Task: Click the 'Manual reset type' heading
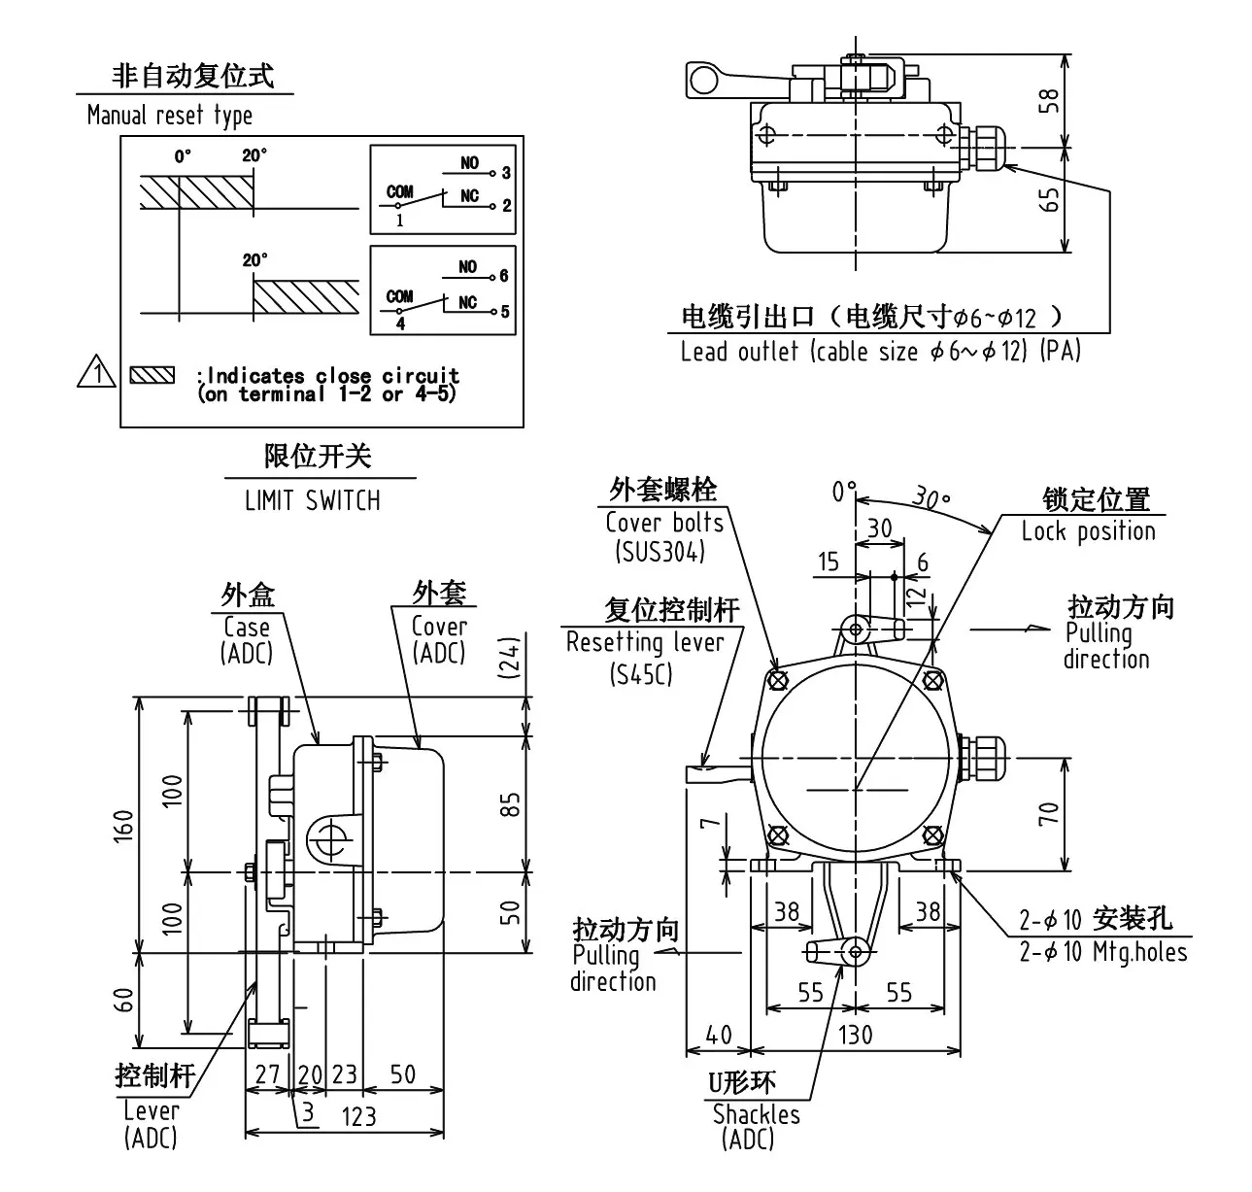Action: [x=169, y=116]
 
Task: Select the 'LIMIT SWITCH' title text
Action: [x=312, y=500]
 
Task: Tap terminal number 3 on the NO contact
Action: [x=506, y=173]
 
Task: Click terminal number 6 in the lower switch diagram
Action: [x=504, y=276]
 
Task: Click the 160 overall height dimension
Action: [x=123, y=825]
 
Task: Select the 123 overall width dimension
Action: [x=358, y=1116]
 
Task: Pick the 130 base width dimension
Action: [x=855, y=1034]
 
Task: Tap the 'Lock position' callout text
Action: [x=1088, y=531]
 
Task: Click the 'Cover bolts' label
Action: [x=664, y=523]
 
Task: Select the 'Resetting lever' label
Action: [x=645, y=642]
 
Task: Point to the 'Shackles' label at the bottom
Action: [x=756, y=1114]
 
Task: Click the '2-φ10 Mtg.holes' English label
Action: [x=1102, y=951]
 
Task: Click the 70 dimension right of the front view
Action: [x=1049, y=813]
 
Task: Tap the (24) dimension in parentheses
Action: [x=512, y=659]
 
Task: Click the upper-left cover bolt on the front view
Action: [x=777, y=680]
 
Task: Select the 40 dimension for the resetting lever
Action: [x=718, y=1034]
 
